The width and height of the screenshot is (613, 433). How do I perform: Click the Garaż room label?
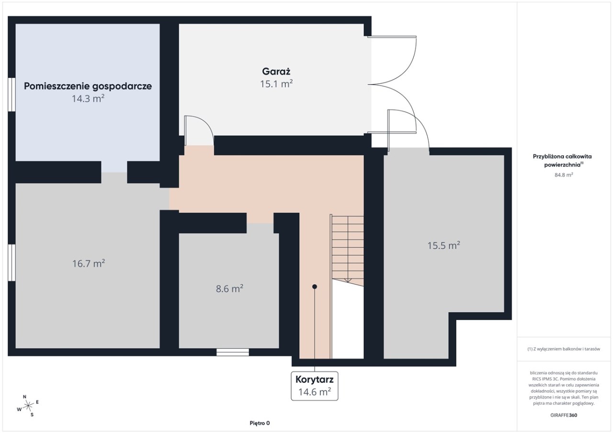(x=276, y=71)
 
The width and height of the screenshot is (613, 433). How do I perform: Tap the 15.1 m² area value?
(x=276, y=84)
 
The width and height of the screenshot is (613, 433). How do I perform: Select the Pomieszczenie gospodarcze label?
(x=88, y=86)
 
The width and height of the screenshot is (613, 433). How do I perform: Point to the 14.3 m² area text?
(x=88, y=99)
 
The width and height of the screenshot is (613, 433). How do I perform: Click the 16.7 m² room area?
(x=89, y=264)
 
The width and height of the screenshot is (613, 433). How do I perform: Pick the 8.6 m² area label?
(x=229, y=289)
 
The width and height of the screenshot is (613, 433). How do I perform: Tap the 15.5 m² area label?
(x=443, y=245)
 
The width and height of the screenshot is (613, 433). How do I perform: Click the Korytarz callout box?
(x=315, y=386)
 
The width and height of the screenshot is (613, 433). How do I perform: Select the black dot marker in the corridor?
(x=315, y=287)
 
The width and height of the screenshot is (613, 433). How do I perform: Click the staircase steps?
(x=348, y=250)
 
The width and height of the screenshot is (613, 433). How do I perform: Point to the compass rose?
(x=28, y=406)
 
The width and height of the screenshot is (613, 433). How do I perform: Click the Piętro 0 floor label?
(x=260, y=423)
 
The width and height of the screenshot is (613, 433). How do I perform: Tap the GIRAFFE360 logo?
(x=564, y=415)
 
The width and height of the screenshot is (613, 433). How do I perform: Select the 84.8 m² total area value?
(x=564, y=175)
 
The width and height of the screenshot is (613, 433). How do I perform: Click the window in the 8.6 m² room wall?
(x=233, y=352)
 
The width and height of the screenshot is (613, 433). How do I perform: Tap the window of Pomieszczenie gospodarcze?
(x=11, y=95)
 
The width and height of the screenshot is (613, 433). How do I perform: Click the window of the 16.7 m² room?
(x=11, y=262)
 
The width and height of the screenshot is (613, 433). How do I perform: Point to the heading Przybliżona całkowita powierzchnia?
(x=562, y=160)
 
